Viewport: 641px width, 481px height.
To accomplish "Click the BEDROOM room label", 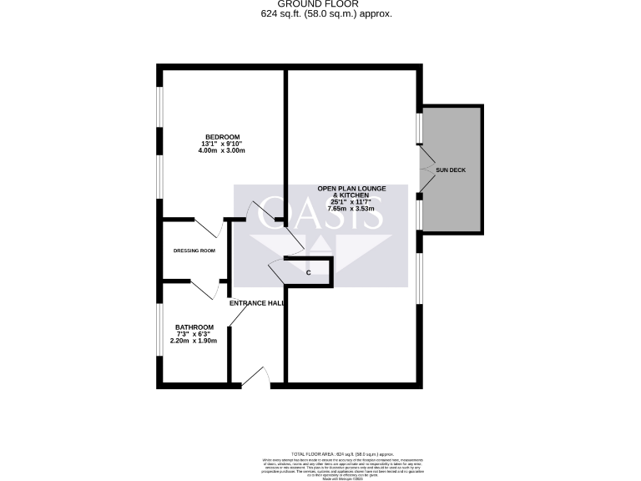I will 223,137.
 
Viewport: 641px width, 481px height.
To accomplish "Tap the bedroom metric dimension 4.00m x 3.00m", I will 223,151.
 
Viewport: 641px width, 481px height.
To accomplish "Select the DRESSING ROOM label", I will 194,251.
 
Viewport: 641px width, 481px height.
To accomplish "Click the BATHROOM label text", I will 194,327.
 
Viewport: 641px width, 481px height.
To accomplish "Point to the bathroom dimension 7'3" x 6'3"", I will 194,334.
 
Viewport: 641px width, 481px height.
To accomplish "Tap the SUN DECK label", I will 451,170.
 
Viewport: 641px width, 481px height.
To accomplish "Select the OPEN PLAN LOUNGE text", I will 351,189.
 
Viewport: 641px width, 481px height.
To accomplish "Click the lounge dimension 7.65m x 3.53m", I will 351,210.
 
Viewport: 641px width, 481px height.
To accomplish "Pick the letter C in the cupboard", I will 308,273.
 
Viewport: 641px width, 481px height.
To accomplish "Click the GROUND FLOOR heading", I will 321,4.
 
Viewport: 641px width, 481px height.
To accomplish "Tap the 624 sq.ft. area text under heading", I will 321,14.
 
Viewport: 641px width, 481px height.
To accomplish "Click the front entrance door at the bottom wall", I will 257,377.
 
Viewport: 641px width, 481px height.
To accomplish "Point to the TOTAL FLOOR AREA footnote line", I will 342,452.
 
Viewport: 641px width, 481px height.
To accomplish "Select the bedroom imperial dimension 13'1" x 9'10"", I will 223,144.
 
